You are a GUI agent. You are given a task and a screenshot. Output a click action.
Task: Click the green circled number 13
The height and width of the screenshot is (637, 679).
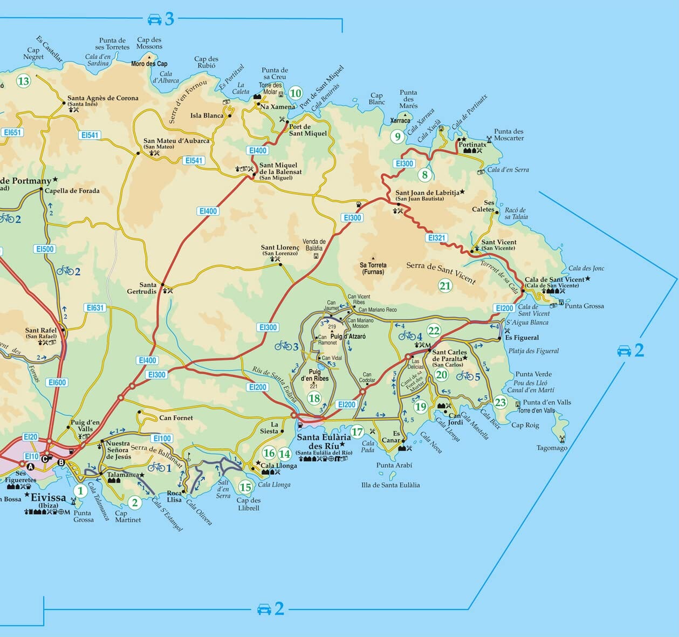tap(23, 81)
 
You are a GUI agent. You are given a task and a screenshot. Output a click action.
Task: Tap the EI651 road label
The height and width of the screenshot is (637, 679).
tap(12, 133)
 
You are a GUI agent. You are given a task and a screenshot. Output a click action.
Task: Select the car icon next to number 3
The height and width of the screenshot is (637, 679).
tap(155, 19)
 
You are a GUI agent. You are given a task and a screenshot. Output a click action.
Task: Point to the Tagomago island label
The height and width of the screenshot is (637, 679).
tap(552, 448)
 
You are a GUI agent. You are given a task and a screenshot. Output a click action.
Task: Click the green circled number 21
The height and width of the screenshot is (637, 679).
tap(445, 286)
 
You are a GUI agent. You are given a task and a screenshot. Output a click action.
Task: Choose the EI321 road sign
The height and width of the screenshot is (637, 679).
tap(437, 238)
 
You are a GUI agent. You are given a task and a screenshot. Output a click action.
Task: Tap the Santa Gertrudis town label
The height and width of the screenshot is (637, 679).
tap(148, 288)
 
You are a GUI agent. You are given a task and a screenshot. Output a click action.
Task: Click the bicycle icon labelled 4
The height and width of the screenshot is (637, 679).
tap(407, 336)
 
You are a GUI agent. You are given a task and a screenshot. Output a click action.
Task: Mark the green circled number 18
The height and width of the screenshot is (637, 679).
tap(314, 399)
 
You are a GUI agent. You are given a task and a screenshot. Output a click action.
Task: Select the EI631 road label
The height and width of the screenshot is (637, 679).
tap(95, 308)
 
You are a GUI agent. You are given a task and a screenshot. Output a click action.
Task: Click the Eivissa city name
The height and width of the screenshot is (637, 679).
tap(49, 497)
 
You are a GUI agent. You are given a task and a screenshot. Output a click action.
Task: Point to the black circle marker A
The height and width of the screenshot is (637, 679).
tap(30, 467)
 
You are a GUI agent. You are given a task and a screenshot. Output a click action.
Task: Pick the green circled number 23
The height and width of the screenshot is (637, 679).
tap(500, 402)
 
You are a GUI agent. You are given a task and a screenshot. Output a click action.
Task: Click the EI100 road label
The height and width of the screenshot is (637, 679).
tap(162, 439)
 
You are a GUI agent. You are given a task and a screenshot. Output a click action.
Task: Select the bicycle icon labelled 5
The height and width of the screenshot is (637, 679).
tap(464, 376)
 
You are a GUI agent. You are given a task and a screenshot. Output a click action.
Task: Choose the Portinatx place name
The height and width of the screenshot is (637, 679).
tap(472, 145)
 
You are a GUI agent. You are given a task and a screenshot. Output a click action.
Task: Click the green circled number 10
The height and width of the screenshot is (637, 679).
tap(295, 93)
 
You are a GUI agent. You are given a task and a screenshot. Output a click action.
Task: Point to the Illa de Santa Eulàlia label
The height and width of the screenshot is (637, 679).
tap(390, 485)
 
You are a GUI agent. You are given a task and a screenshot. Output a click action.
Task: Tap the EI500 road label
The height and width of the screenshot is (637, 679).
tap(44, 249)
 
